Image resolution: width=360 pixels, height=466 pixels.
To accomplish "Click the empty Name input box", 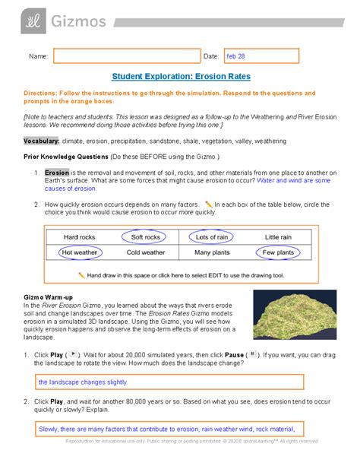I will (x=124, y=56).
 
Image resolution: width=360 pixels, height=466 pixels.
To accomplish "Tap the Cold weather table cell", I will (x=145, y=252).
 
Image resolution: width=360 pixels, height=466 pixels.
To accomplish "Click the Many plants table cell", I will (x=212, y=252).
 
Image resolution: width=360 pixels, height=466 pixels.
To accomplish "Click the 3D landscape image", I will (x=295, y=314).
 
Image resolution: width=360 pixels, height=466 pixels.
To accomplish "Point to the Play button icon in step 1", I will (x=74, y=354).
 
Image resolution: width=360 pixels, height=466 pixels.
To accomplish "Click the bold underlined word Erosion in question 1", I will (x=57, y=173).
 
